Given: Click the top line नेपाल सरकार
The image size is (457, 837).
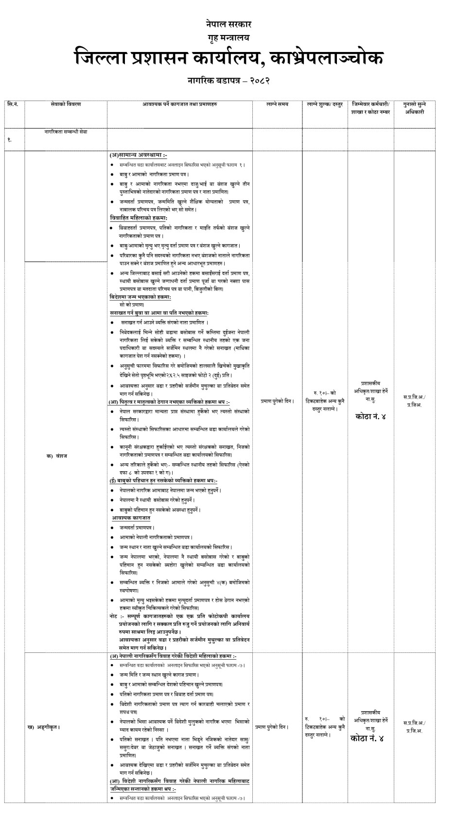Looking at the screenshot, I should pyautogui.click(x=228, y=24).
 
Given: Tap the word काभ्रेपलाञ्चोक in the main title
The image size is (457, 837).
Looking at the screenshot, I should pyautogui.click(x=327, y=59).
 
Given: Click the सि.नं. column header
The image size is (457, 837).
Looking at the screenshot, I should pyautogui.click(x=13, y=104).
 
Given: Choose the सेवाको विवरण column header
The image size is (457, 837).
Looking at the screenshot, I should pyautogui.click(x=66, y=104).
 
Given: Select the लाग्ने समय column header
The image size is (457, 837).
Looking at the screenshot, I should pyautogui.click(x=277, y=104).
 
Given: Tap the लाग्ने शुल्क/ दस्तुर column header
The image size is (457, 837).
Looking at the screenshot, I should pyautogui.click(x=324, y=104).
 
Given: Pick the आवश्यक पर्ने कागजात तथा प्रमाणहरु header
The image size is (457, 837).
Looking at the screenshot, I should pyautogui.click(x=180, y=104).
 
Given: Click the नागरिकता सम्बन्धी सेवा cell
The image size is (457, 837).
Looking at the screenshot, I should pyautogui.click(x=66, y=132).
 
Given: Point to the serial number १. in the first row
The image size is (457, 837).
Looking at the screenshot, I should pyautogui.click(x=9, y=140).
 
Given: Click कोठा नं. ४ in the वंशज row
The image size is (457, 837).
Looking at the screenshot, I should pyautogui.click(x=370, y=416).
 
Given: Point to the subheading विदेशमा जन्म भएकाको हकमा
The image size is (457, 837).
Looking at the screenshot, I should pyautogui.click(x=140, y=296).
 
